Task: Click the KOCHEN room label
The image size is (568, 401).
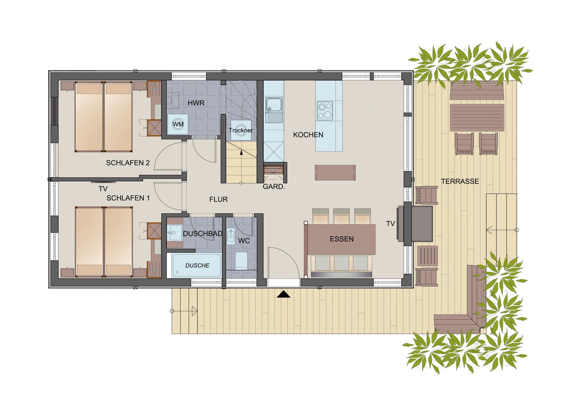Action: click(x=308, y=135)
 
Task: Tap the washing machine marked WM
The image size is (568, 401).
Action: click(x=178, y=124)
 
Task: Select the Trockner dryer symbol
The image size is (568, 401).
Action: click(x=241, y=130)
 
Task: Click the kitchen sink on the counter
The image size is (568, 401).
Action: click(x=273, y=105)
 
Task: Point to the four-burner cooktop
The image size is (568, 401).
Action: click(x=325, y=111)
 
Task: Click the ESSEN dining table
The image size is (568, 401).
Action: click(x=342, y=239)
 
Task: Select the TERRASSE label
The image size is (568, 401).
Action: click(x=460, y=181)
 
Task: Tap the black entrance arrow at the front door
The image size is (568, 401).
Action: click(x=283, y=294)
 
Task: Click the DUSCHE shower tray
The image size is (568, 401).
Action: click(x=197, y=265)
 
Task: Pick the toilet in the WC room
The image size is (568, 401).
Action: click(x=241, y=260)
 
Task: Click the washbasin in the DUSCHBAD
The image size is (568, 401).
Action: click(x=174, y=233)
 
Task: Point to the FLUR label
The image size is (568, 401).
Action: click(x=219, y=199)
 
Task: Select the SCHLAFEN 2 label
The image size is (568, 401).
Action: click(x=128, y=163)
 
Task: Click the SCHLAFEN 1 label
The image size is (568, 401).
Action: click(x=128, y=198)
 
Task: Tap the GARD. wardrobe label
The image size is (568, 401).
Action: click(x=274, y=187)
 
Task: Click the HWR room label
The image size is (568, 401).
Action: click(x=196, y=103)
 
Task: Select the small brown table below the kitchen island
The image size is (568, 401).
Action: click(x=335, y=173)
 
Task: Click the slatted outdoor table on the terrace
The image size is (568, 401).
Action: click(x=477, y=117)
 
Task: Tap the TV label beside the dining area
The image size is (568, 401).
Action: click(x=390, y=224)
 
